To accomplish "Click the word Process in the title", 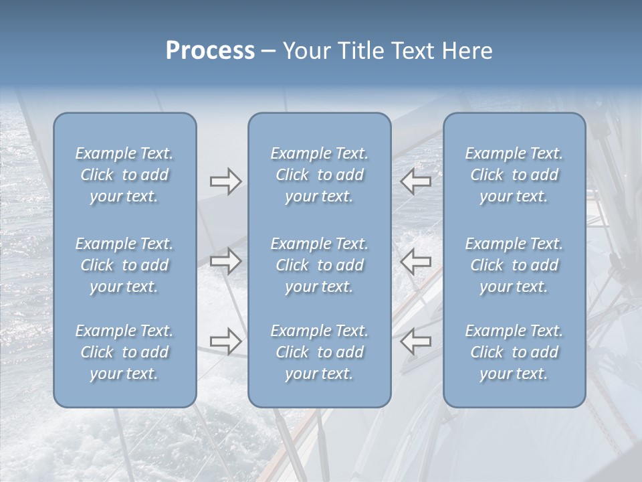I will [x=210, y=51].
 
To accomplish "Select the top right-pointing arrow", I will [x=225, y=181].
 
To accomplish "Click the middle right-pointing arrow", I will [x=225, y=261].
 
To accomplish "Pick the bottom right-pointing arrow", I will [x=225, y=341].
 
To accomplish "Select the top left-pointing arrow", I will [x=415, y=181].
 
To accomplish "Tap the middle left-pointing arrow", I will [x=415, y=261].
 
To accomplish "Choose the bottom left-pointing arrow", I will [x=415, y=341].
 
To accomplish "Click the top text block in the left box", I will [x=124, y=175].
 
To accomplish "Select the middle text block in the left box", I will [x=124, y=265].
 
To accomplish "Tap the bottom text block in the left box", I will [x=124, y=352].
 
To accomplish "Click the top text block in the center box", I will [x=319, y=175].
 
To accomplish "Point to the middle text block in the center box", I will [x=319, y=265].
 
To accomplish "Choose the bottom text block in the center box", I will [x=319, y=352].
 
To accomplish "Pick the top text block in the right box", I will [x=514, y=175].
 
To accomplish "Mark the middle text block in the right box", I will [x=514, y=265].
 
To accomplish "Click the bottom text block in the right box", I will [x=514, y=352].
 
